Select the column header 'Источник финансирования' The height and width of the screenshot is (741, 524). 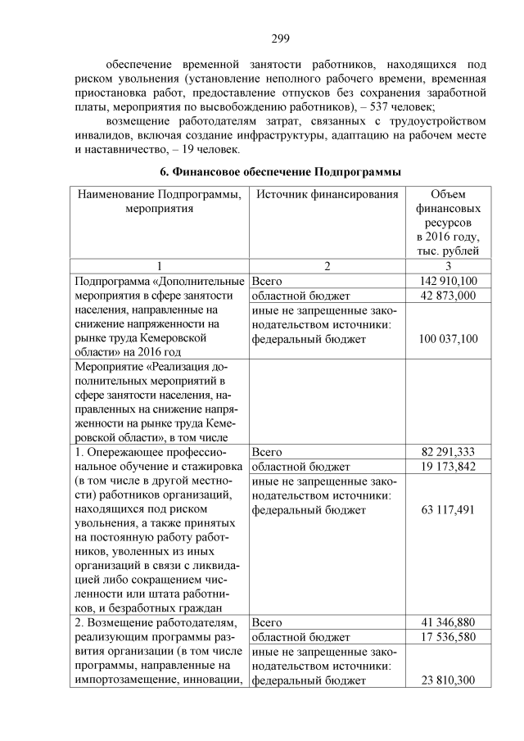click(327, 195)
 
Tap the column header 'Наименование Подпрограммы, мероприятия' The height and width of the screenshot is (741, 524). click(160, 201)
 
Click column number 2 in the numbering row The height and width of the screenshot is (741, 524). click(327, 266)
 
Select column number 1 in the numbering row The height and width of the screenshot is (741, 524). click(160, 266)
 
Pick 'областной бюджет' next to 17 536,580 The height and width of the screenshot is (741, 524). click(300, 637)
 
